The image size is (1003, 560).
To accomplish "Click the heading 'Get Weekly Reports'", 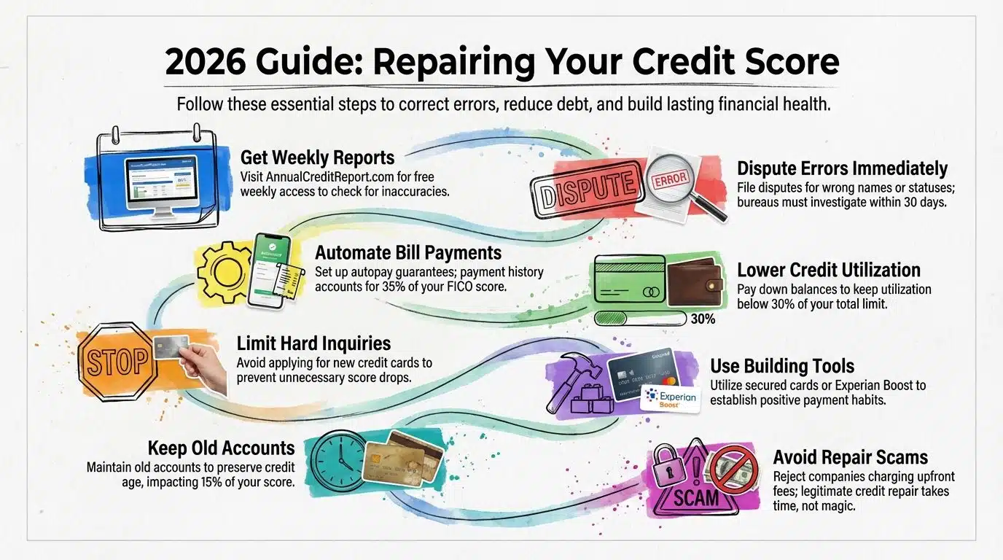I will [317, 157].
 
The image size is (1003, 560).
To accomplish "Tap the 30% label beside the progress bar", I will [703, 319].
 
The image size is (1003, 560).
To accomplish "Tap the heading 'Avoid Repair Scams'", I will [851, 457].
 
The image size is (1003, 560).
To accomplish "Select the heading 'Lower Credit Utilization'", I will [829, 271].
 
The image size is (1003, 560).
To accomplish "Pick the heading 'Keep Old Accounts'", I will [221, 447].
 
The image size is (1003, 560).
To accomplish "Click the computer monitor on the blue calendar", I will [160, 185].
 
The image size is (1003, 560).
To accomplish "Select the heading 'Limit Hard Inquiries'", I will [314, 343].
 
